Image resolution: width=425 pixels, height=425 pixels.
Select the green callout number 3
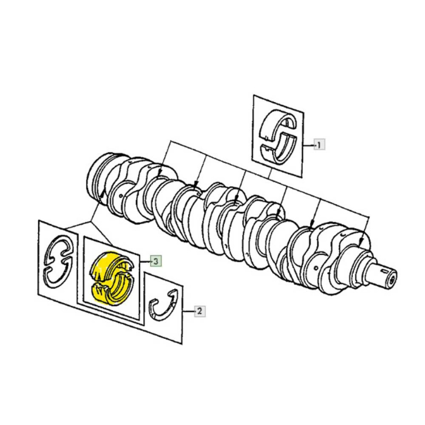tap(156, 261)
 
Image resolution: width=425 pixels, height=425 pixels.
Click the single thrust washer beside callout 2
tap(163, 305)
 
